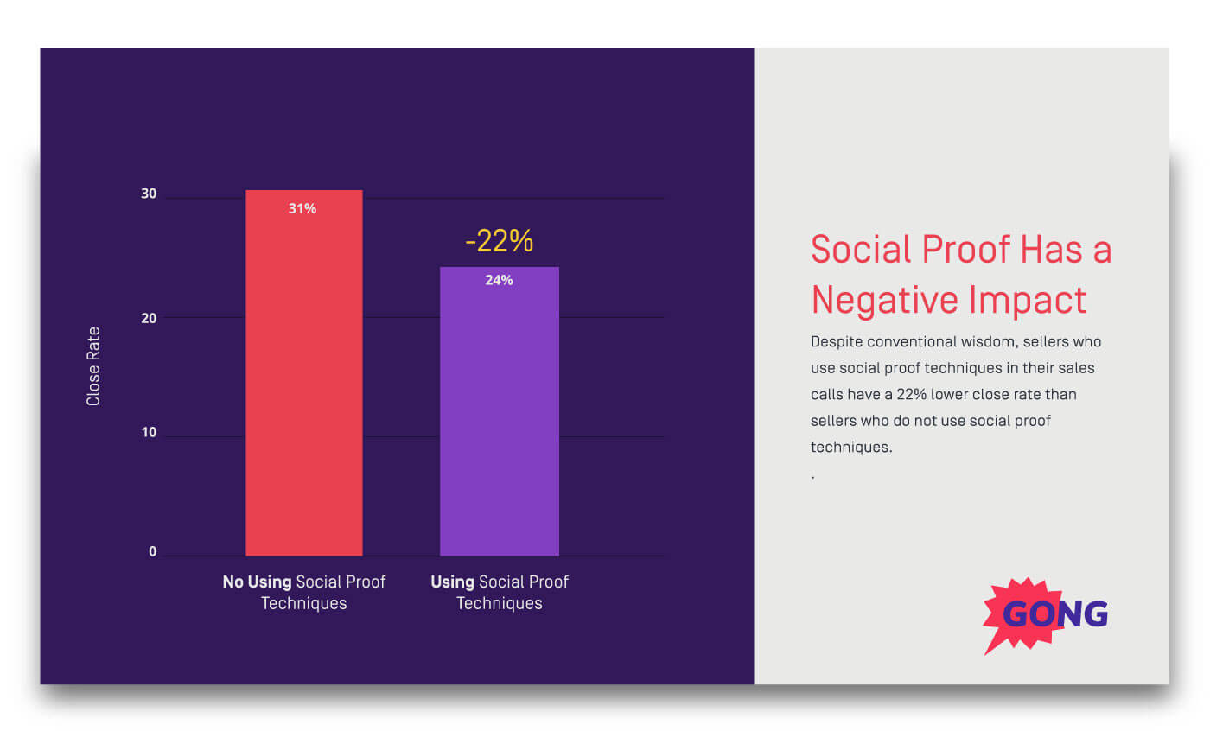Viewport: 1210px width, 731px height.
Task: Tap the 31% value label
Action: point(302,208)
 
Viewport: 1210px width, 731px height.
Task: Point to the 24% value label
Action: point(499,280)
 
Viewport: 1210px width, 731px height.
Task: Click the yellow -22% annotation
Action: point(499,241)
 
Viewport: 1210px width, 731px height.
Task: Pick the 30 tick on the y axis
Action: point(149,194)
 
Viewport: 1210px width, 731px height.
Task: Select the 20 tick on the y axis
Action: point(149,318)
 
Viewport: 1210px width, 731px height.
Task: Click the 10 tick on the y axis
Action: point(149,433)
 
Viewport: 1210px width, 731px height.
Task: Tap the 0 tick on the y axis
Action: point(153,552)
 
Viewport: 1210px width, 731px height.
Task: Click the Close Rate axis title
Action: point(93,366)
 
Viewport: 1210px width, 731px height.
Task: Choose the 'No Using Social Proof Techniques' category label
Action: point(303,592)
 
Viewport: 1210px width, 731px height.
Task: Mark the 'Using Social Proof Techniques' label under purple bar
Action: point(499,592)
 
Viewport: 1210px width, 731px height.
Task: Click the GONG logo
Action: point(1046,614)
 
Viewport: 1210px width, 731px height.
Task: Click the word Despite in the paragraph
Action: point(837,341)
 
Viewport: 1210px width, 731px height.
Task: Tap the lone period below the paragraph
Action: point(813,477)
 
